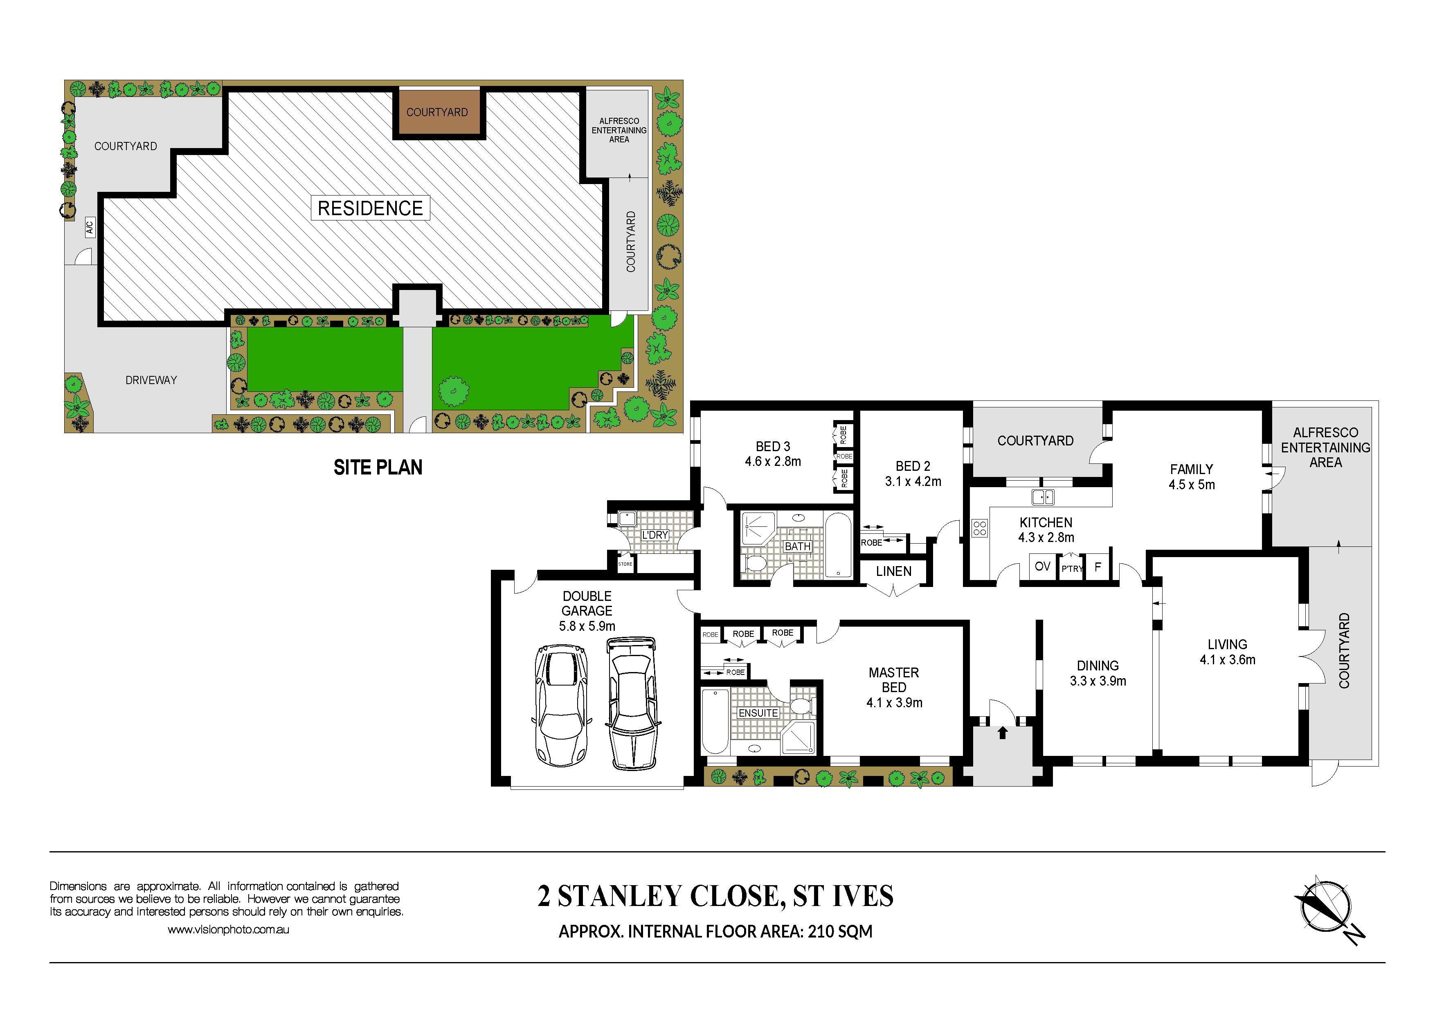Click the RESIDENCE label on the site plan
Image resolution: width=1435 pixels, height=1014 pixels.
[x=370, y=208]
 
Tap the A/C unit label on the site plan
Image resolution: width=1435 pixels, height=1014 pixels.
[x=89, y=227]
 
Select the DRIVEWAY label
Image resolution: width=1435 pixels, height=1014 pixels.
[x=151, y=380]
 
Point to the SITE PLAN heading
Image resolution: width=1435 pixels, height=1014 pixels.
[x=378, y=468]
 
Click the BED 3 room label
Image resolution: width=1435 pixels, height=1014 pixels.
[x=773, y=447]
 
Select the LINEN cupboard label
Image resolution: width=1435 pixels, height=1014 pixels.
[x=894, y=571]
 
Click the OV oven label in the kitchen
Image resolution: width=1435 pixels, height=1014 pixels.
[x=1042, y=566]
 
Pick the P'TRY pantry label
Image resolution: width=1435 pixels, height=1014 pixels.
[x=1072, y=569]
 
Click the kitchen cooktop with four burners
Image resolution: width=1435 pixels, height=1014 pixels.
[x=979, y=528]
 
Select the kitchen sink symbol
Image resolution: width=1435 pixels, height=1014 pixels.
[x=1042, y=497]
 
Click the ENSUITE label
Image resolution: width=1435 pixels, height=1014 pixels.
[x=758, y=713]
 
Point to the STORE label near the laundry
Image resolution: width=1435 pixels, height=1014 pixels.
[x=625, y=564]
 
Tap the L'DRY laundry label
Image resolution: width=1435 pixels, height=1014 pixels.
[x=655, y=535]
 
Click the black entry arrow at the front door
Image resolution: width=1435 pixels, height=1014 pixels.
[x=1003, y=732]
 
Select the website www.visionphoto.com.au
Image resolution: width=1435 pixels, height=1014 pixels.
[x=228, y=930]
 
